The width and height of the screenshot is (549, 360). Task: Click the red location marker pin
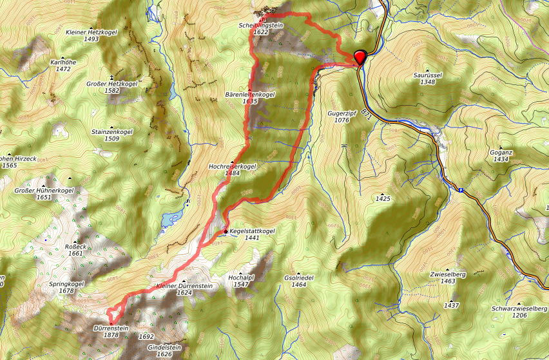360,57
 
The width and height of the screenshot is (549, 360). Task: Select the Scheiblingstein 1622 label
261,28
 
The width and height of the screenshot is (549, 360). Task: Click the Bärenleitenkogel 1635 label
251,98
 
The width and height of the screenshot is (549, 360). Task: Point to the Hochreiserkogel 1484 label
233,169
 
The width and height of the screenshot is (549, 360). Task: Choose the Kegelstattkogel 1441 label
252,234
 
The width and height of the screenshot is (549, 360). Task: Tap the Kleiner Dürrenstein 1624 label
184,289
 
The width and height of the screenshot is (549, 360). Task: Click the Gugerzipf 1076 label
342,116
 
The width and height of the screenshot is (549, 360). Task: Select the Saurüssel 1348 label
427,78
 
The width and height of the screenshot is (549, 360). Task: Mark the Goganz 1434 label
501,155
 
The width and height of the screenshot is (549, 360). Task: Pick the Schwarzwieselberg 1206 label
519,312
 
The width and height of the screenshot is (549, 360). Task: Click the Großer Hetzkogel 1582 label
111,87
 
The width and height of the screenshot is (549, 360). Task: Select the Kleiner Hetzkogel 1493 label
91,35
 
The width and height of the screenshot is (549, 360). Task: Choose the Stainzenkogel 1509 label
111,135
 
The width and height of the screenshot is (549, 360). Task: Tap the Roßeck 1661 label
75,250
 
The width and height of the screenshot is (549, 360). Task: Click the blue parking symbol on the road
461,190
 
